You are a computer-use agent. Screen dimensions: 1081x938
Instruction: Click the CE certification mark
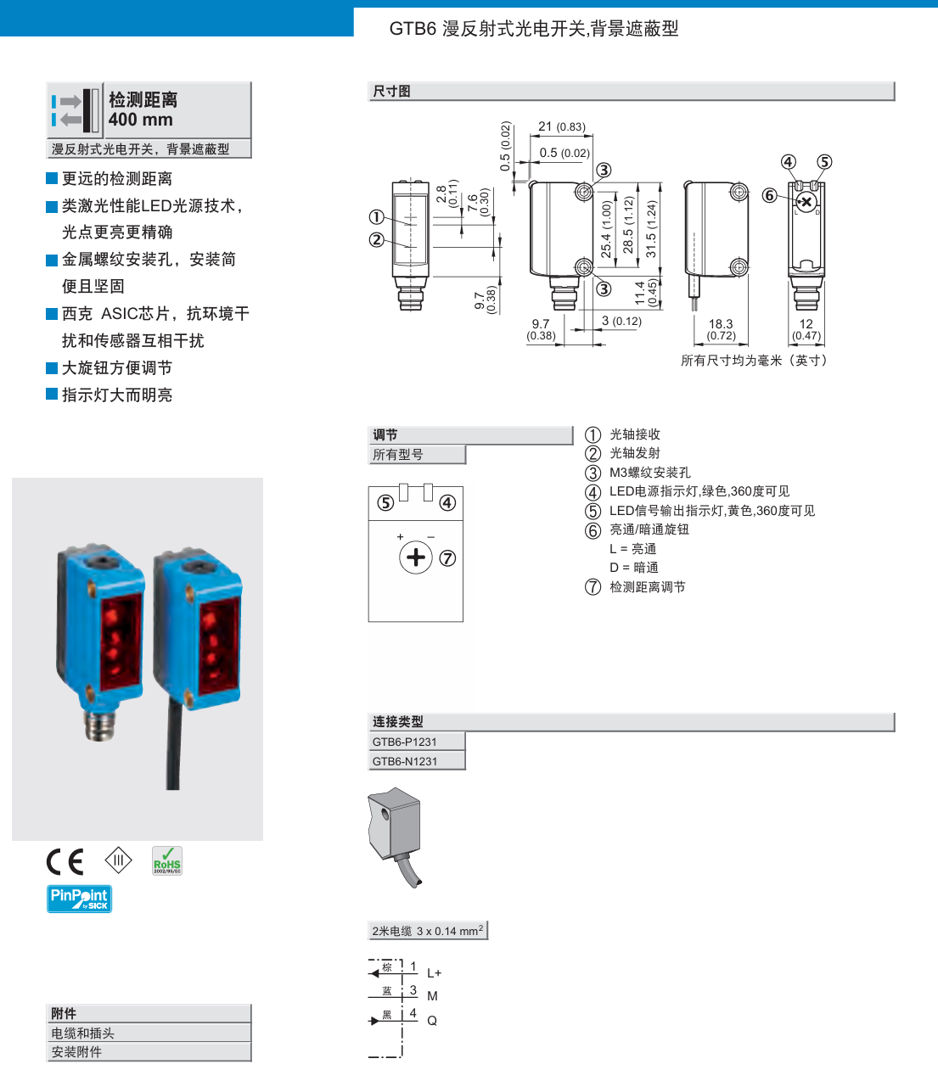(x=65, y=861)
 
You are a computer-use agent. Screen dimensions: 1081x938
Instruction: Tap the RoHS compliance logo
(x=167, y=860)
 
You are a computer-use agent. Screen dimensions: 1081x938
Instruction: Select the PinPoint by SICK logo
(x=79, y=899)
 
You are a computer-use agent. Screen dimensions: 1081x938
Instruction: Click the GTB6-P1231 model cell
(x=405, y=742)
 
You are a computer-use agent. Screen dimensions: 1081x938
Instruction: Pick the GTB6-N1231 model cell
(x=405, y=761)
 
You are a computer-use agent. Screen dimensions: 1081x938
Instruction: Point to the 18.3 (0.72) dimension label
(x=721, y=329)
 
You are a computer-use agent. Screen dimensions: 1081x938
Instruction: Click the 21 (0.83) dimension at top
(x=561, y=126)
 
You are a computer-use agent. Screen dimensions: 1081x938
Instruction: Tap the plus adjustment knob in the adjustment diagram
(x=416, y=557)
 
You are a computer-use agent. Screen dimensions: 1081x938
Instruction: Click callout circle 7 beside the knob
(x=447, y=558)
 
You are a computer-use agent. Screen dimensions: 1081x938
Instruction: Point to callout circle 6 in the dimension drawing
(x=769, y=196)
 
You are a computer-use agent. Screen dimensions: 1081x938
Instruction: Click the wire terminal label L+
(x=434, y=973)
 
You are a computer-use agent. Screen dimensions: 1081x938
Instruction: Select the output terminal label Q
(x=432, y=1021)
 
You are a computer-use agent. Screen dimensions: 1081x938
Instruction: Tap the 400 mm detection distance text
(x=141, y=120)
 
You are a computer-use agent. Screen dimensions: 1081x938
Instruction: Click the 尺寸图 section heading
(x=392, y=91)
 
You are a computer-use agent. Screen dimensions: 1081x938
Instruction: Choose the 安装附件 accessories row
(x=76, y=1052)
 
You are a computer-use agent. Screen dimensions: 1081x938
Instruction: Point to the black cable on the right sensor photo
(x=173, y=747)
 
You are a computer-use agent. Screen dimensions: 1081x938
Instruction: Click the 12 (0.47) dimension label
(x=806, y=329)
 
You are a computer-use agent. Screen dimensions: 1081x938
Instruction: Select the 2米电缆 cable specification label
(x=428, y=931)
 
